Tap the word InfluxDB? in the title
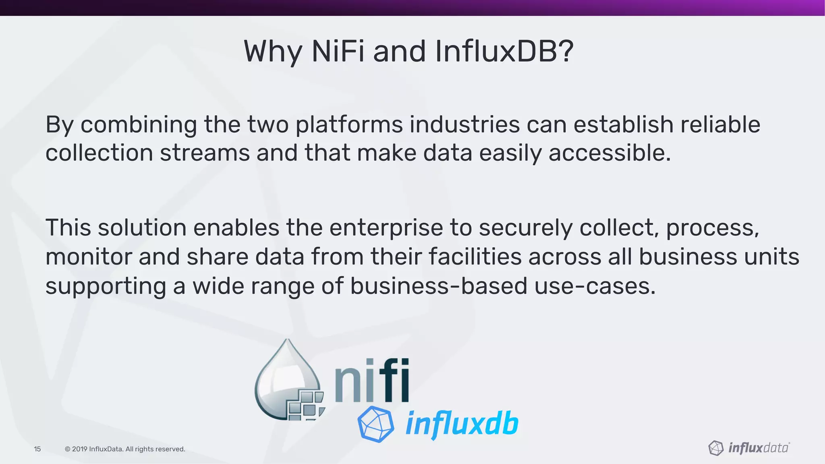pos(504,52)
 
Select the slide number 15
pos(37,449)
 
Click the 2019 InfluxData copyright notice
pos(125,449)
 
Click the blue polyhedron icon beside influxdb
pos(375,424)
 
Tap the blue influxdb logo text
pos(462,424)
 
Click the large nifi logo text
pos(372,381)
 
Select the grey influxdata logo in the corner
pos(749,448)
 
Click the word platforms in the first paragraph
pos(349,124)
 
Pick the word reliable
pos(720,124)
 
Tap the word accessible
pos(610,153)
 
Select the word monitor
pos(89,257)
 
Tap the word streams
pos(205,153)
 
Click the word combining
pos(139,124)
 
